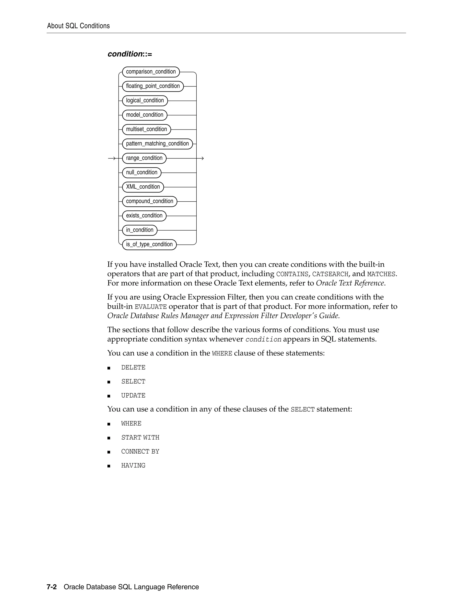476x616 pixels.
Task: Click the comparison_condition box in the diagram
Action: point(151,72)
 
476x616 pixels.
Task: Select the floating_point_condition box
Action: point(153,86)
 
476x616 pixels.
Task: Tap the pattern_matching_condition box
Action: point(157,144)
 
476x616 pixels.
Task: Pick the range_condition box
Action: point(144,158)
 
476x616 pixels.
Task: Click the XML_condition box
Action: point(143,187)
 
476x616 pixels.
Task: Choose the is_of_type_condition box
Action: point(149,245)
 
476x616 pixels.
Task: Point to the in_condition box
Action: point(140,230)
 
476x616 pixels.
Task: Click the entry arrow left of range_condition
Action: point(112,159)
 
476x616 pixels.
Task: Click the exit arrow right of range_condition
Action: point(201,159)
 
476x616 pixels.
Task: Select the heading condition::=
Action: point(130,54)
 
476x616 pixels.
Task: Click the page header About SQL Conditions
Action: point(78,26)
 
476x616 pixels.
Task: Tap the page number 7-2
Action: point(52,587)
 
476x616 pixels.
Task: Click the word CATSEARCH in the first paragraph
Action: point(330,274)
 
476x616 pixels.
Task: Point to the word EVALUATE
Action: point(151,307)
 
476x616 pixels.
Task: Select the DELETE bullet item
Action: point(133,368)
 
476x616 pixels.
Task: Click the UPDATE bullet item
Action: point(133,396)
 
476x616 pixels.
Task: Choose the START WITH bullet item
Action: point(140,438)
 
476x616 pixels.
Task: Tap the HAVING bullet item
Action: point(133,466)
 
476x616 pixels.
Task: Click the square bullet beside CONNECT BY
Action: point(109,452)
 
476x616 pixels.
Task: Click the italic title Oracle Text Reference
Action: point(350,283)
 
